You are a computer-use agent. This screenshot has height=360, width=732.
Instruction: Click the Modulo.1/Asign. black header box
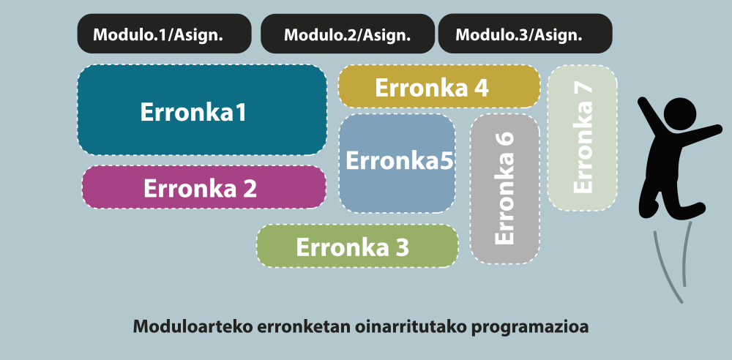click(x=164, y=34)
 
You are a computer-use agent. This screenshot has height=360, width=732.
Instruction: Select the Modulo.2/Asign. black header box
click(x=347, y=34)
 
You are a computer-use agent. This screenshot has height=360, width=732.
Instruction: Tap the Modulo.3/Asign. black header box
click(x=525, y=34)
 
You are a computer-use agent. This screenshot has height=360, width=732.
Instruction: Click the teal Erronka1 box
click(x=202, y=110)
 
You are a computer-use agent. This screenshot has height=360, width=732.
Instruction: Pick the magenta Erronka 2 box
click(x=204, y=187)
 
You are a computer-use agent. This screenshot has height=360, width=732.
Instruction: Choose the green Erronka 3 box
click(x=357, y=246)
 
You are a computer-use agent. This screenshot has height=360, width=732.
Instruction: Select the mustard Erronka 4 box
click(x=439, y=86)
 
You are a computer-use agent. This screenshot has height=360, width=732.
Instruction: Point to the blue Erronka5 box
click(x=397, y=163)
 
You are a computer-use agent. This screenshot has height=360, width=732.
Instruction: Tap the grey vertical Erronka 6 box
click(x=504, y=189)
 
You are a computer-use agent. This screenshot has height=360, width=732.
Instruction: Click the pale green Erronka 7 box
click(x=582, y=138)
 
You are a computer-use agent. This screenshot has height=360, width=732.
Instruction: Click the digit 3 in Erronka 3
click(x=403, y=247)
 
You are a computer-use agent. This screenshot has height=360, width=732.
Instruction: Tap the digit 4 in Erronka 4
click(x=482, y=87)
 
